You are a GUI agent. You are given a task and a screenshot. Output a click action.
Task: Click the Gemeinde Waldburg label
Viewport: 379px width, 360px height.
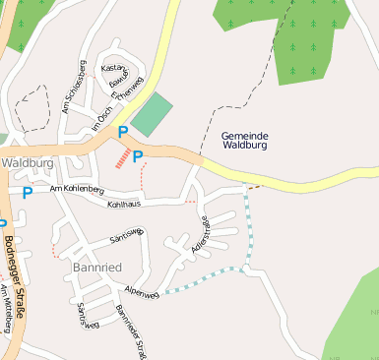coord(245,141)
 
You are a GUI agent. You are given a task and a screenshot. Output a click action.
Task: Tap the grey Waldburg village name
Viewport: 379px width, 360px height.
coord(27,162)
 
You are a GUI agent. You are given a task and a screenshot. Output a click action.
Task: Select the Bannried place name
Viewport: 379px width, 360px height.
coord(97,268)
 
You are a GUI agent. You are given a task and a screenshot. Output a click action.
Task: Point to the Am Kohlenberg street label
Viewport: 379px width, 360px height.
coord(76,188)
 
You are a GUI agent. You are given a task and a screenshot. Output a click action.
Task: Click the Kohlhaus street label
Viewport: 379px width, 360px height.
coord(124,203)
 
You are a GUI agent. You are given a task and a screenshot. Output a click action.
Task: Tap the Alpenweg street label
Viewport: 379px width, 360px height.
coord(143,293)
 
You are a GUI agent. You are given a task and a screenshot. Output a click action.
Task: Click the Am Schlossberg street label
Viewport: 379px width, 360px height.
coord(73,87)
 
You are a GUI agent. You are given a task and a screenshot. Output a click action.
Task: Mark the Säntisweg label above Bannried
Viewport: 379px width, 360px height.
coord(127,235)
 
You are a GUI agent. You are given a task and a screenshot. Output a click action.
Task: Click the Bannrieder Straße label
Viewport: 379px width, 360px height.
coord(131,332)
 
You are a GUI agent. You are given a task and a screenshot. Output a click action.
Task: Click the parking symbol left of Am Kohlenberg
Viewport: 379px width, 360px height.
coord(27,193)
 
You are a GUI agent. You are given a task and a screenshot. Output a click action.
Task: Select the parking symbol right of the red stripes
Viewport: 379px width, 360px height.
coord(138,155)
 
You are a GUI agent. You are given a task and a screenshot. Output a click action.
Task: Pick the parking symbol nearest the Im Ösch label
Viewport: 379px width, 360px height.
coord(122,132)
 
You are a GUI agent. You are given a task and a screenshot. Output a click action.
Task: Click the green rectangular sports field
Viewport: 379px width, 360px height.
coord(151,115)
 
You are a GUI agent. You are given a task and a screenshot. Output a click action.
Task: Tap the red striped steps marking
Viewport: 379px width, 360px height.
coord(122,158)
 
